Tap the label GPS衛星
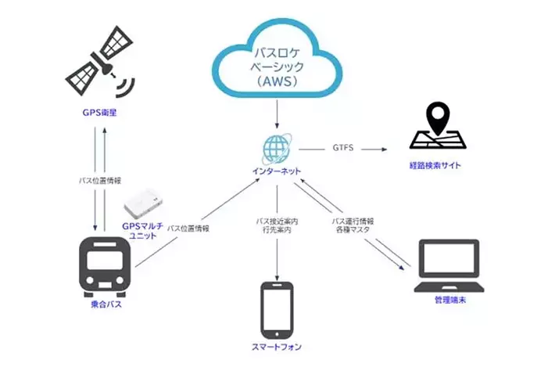coord(99,112)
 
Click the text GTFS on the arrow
coord(344,147)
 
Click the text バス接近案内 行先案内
coord(277,227)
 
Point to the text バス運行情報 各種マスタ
coord(356,226)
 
